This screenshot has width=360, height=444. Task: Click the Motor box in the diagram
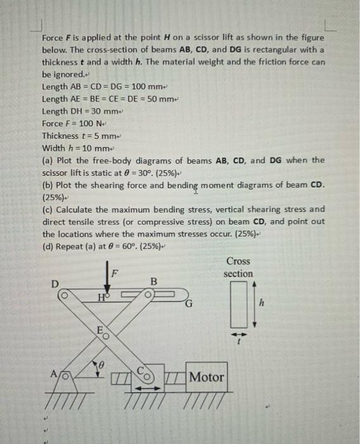205,377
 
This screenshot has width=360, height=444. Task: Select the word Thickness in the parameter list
60,136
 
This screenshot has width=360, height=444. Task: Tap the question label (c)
48,209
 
